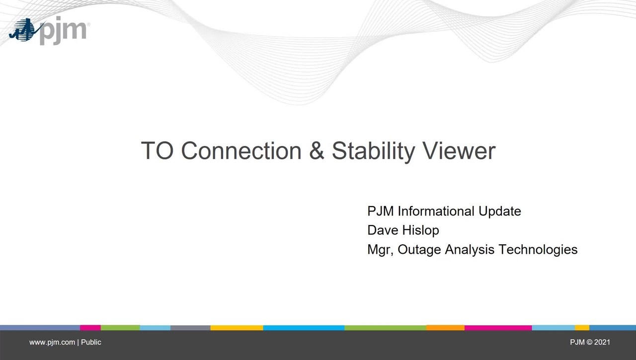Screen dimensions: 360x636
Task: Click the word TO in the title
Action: pos(157,151)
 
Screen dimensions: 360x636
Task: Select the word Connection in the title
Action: pos(241,151)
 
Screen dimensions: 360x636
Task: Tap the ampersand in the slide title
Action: pos(317,151)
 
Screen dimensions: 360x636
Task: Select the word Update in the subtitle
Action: pos(499,211)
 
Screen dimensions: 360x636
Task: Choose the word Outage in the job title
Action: pos(419,250)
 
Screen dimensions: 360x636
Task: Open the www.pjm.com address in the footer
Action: pos(52,342)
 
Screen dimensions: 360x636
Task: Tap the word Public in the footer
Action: pos(91,342)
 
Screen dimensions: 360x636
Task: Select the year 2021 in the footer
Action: pos(602,342)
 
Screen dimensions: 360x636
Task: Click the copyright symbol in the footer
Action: pos(589,342)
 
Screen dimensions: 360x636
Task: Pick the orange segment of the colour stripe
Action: pos(445,328)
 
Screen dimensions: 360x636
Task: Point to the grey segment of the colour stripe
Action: pos(190,328)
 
